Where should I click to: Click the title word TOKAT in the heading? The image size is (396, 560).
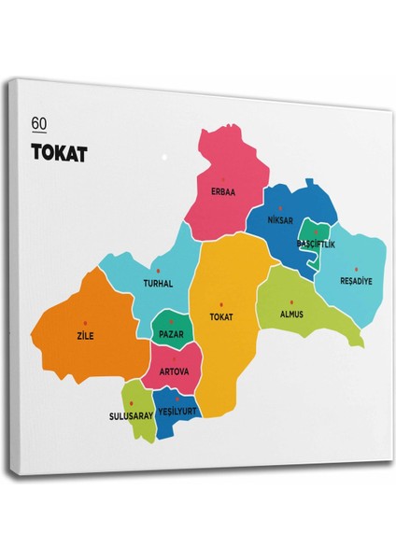click(59, 153)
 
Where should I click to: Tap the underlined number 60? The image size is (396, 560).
click(38, 123)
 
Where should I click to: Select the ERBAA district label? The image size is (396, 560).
click(224, 193)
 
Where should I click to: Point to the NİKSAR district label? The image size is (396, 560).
click(280, 221)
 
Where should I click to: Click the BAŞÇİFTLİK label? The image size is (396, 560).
click(315, 245)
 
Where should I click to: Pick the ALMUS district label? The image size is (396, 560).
click(291, 315)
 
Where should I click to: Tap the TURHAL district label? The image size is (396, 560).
click(159, 283)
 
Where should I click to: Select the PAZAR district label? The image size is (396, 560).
click(171, 333)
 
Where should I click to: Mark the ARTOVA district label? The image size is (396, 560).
click(174, 371)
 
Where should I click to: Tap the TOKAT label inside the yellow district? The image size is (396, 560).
click(222, 316)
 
